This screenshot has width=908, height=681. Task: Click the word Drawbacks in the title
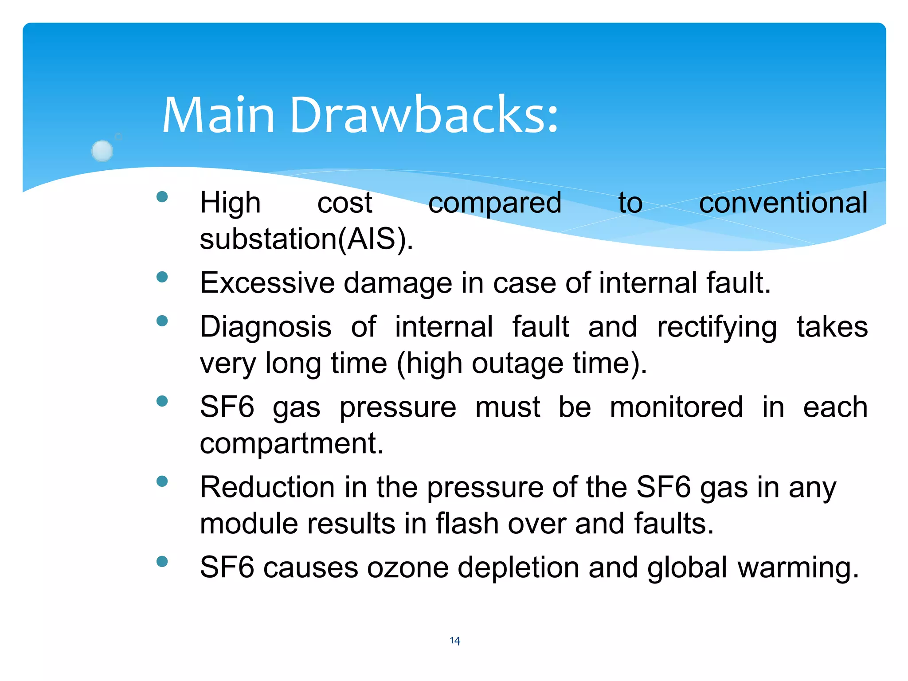click(x=423, y=115)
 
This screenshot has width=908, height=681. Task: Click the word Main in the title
click(x=219, y=115)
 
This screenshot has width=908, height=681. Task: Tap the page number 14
click(x=455, y=641)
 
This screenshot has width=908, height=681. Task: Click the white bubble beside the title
click(x=102, y=151)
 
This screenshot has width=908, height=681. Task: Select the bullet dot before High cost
click(x=162, y=197)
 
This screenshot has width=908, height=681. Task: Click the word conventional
click(x=783, y=203)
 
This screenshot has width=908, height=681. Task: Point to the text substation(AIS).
click(x=306, y=239)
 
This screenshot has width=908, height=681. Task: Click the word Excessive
click(x=267, y=283)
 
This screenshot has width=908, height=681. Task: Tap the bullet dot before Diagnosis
click(x=162, y=321)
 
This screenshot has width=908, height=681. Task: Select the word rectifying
click(x=716, y=328)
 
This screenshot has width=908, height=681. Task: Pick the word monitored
click(x=676, y=407)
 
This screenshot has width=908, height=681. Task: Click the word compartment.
click(x=291, y=444)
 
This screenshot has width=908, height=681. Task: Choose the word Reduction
click(x=267, y=487)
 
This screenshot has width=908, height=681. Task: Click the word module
click(x=249, y=524)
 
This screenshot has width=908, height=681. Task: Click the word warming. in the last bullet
click(x=798, y=568)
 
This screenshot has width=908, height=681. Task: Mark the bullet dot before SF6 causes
click(x=162, y=562)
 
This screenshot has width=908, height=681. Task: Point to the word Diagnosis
click(x=265, y=327)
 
